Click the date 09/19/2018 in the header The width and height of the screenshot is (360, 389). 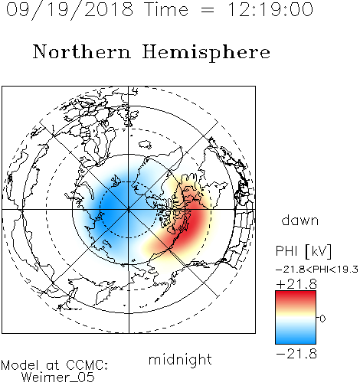(x=70, y=9)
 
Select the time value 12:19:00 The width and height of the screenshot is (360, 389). (x=270, y=9)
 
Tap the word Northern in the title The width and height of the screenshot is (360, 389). (x=82, y=51)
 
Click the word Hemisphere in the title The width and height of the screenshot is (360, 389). (x=206, y=53)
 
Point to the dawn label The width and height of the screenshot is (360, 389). (x=300, y=220)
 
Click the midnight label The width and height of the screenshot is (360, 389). (x=180, y=360)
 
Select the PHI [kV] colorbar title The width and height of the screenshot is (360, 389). (x=304, y=251)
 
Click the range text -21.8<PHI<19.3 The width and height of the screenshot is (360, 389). (x=317, y=270)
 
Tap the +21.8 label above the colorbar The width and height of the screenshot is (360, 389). (x=296, y=284)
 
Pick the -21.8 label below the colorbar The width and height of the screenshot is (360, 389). (x=296, y=354)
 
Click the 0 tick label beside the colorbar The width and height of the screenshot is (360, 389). (x=322, y=319)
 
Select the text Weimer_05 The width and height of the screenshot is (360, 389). (x=57, y=377)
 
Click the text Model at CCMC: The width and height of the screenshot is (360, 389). (x=54, y=365)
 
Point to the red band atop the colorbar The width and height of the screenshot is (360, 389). (x=296, y=296)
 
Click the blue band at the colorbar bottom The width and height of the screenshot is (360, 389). (x=296, y=338)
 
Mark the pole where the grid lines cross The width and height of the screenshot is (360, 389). (x=129, y=210)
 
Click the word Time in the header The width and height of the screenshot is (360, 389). (x=166, y=9)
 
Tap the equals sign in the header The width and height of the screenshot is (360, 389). (x=208, y=10)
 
